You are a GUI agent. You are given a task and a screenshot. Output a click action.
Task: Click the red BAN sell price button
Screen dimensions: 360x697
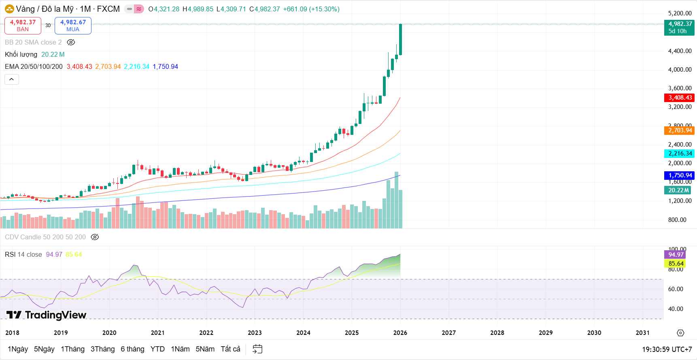tap(23, 26)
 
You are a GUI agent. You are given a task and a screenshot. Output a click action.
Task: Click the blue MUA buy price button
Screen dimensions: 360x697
tap(73, 26)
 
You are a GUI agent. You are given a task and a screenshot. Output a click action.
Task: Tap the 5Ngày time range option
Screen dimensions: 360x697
tap(44, 349)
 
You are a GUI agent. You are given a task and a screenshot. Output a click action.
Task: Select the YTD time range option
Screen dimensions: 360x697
tap(157, 349)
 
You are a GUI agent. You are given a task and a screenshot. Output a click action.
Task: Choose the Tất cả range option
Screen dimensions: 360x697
tap(230, 349)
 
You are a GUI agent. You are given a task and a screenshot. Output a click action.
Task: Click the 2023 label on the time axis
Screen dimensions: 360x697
tap(255, 332)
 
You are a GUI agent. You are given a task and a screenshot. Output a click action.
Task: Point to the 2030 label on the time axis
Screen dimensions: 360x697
tap(594, 332)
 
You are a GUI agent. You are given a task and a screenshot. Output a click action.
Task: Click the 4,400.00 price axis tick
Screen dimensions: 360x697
tap(680, 51)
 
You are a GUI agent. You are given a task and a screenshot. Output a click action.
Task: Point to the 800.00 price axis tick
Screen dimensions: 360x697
tap(677, 220)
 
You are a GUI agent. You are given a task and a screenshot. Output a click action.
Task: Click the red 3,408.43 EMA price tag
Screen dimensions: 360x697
tap(680, 98)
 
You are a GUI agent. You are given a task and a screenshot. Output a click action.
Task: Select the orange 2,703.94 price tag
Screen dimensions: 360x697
tap(680, 130)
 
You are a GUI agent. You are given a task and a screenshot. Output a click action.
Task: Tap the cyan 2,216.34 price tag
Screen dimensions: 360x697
tap(680, 153)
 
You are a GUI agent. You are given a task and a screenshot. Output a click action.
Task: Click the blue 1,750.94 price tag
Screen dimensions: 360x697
tap(680, 175)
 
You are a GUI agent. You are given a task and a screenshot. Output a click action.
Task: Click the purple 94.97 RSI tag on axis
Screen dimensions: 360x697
tap(676, 255)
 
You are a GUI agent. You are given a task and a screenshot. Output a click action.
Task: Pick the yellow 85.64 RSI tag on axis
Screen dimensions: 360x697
tap(676, 264)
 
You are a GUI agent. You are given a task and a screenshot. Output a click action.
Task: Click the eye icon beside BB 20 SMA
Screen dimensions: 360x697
tap(71, 42)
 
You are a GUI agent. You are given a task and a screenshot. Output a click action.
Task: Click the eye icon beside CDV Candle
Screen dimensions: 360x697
tap(95, 237)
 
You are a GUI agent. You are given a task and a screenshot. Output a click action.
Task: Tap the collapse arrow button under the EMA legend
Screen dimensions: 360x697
tap(12, 79)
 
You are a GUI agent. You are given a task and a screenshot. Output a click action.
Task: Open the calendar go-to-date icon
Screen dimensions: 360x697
tap(257, 349)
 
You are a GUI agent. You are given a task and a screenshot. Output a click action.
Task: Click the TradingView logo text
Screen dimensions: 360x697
tap(47, 315)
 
